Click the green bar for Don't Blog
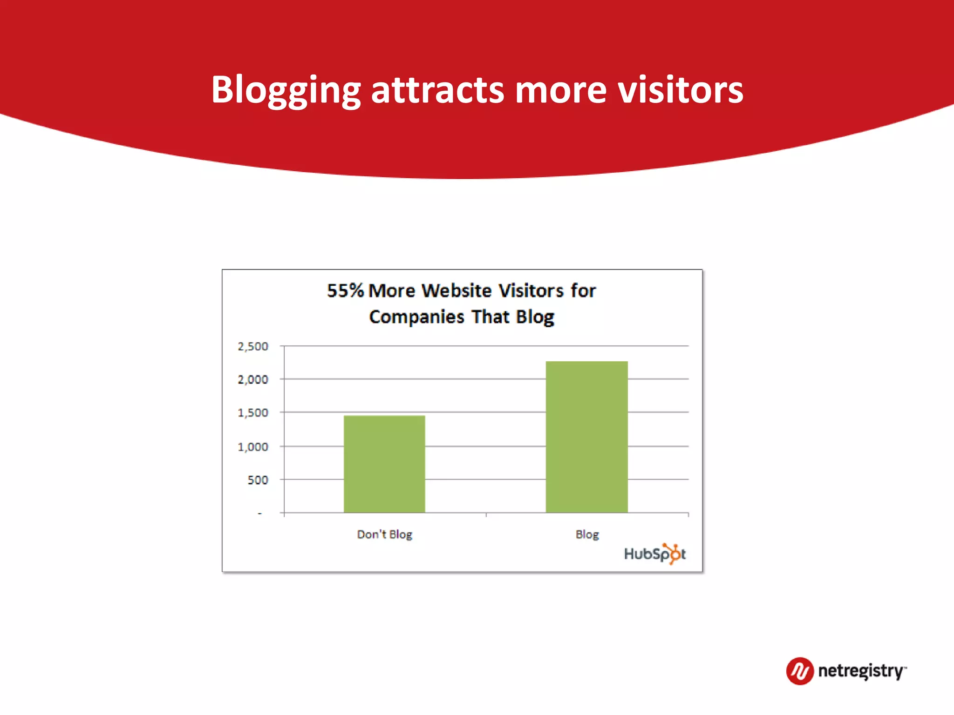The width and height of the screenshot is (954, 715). coord(384,464)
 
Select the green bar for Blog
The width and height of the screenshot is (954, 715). coord(586,437)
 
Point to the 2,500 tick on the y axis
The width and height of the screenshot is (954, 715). coord(253,346)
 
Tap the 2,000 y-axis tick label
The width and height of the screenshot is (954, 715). coord(253,379)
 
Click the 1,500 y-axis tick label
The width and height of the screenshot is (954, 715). coord(253,413)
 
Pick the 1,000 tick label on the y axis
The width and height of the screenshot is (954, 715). coord(253,447)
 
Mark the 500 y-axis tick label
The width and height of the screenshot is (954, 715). coord(258,480)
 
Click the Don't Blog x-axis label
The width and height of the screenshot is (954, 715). coord(384,534)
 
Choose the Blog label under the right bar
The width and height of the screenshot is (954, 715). coord(587,534)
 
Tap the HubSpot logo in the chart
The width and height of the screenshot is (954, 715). coord(654,553)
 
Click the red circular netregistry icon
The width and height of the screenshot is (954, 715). coord(799,671)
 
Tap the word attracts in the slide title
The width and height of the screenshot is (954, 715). coord(437,90)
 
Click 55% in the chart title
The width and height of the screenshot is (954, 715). coord(345,290)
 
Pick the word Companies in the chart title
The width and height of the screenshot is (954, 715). coord(416,317)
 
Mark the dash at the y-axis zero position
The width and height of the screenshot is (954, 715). coord(260,513)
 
